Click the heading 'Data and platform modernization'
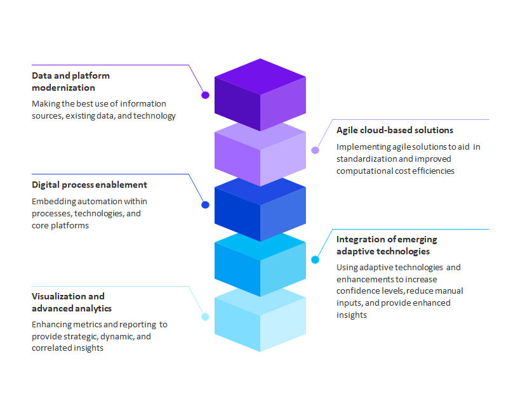[70, 81]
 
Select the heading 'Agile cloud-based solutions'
[394, 130]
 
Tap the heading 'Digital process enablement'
[90, 185]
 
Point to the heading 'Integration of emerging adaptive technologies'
[387, 245]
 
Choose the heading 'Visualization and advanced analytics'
[72, 302]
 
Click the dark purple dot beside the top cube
[205, 95]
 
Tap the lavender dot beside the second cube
[315, 150]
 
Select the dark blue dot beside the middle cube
[205, 205]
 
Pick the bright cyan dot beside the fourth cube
[315, 259]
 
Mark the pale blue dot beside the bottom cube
[205, 317]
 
